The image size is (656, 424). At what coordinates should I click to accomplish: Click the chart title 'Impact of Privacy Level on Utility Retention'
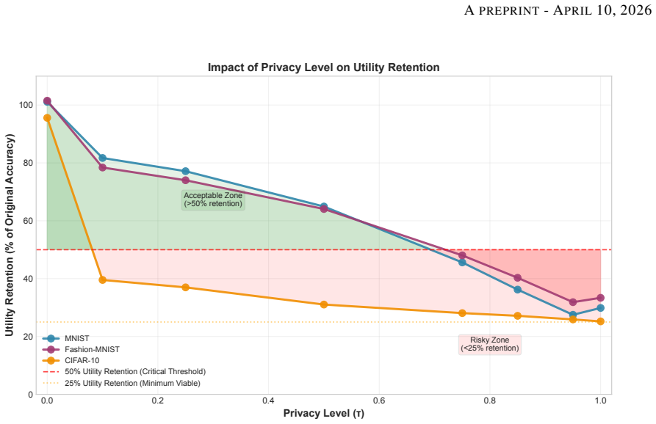[x=323, y=67]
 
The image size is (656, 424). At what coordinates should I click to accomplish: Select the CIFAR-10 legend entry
[x=71, y=360]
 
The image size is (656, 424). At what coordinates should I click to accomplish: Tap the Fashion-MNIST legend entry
[x=81, y=349]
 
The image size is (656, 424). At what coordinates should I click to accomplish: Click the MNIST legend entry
[x=66, y=338]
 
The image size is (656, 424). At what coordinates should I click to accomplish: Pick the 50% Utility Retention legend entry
[x=124, y=371]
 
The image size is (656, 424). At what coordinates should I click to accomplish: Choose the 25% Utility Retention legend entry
[x=121, y=383]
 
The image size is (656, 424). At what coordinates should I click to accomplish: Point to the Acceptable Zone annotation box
[x=213, y=200]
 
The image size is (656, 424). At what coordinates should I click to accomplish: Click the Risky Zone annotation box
[x=489, y=344]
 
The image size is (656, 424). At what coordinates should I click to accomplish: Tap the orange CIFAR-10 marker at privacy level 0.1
[x=103, y=280]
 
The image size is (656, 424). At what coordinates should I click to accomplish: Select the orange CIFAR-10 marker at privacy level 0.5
[x=324, y=304]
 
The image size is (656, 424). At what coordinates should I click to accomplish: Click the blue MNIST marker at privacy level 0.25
[x=185, y=171]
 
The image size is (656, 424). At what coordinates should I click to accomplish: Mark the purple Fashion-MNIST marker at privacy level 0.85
[x=517, y=278]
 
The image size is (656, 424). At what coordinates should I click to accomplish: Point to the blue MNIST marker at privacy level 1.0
[x=600, y=308]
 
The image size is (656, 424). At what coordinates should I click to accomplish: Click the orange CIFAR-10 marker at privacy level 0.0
[x=47, y=118]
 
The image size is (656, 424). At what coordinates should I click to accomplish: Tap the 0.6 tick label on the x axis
[x=379, y=401]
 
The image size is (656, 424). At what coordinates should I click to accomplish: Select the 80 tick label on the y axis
[x=28, y=163]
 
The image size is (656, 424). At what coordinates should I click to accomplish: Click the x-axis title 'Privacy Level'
[x=323, y=413]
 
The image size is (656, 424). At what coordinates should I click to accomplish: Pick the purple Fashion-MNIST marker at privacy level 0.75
[x=462, y=255]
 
